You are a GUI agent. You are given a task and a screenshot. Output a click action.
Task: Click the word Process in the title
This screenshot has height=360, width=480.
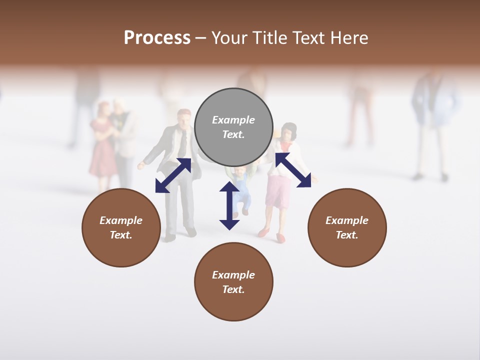coord(157,38)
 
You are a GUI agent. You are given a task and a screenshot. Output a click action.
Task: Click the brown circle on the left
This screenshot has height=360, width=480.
coord(121,227)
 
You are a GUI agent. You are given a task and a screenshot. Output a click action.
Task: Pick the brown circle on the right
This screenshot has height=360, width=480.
coord(347,227)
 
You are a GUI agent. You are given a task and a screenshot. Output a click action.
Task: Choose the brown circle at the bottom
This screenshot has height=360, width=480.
coord(233,282)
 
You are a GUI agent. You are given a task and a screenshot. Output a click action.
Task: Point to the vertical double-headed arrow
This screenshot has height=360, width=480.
coord(229,205)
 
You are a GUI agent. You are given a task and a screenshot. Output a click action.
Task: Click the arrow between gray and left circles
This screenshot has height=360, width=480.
coord(173,175)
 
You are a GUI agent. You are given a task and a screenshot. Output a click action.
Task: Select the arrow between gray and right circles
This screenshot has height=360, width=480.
coord(293,170)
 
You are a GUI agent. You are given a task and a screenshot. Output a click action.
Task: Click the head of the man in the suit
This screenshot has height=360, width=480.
coord(184,118)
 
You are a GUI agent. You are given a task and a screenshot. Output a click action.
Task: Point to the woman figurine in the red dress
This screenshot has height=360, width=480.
coord(103,145)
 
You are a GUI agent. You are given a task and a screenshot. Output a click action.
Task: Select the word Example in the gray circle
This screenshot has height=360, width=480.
coord(233,120)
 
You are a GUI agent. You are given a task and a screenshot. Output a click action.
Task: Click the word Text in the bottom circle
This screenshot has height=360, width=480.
coord(232,289)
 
